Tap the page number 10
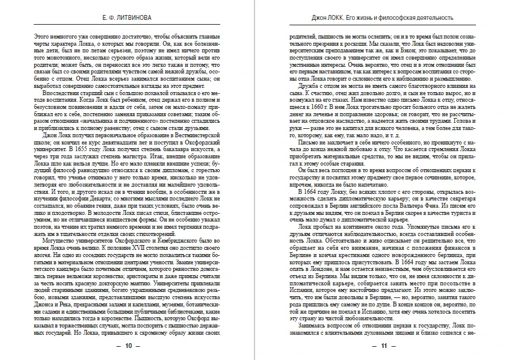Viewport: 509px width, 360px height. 128,346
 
